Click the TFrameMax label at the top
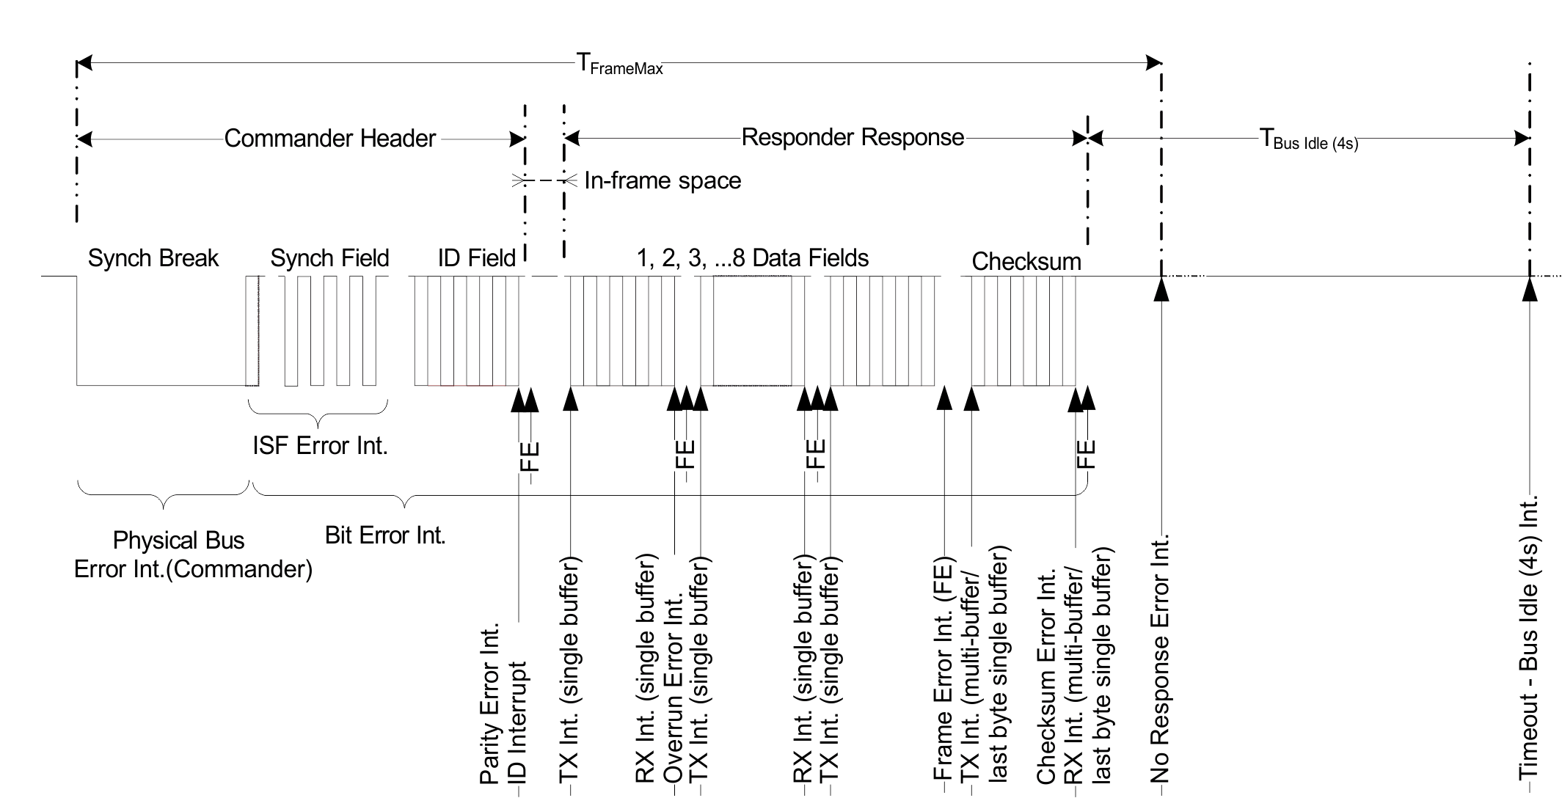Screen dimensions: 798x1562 [620, 65]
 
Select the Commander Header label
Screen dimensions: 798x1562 [329, 139]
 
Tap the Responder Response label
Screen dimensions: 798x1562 [853, 137]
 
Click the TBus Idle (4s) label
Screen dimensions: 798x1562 [1308, 139]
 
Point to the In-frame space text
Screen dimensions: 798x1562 [662, 180]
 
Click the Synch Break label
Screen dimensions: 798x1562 [153, 258]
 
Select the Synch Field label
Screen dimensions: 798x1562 [329, 258]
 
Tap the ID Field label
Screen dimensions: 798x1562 [476, 258]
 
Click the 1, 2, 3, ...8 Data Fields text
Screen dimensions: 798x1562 [752, 258]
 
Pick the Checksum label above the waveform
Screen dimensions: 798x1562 [1026, 262]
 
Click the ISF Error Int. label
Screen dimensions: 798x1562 [320, 445]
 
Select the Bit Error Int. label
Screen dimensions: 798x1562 [385, 535]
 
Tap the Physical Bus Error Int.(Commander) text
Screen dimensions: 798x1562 [193, 554]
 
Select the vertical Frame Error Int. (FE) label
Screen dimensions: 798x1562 [943, 671]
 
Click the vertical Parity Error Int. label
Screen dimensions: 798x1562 [489, 704]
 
